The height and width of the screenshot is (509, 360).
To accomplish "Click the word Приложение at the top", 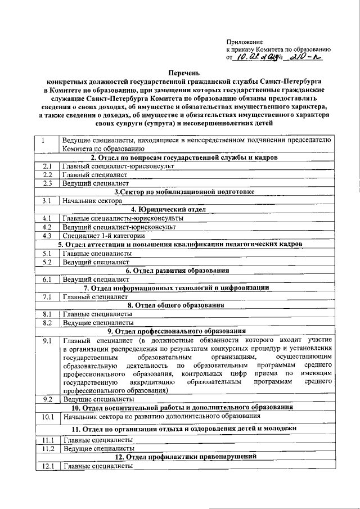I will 244,42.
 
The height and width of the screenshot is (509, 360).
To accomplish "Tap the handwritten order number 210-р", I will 306,57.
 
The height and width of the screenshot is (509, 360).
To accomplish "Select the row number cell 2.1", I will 47,167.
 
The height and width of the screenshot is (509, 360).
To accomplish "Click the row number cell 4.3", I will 47,236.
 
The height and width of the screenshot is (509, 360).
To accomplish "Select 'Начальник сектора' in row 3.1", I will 92,201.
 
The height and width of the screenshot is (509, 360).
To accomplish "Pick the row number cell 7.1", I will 47,297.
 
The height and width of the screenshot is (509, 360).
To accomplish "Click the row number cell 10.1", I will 47,417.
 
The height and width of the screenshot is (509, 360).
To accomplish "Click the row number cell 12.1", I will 47,466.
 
